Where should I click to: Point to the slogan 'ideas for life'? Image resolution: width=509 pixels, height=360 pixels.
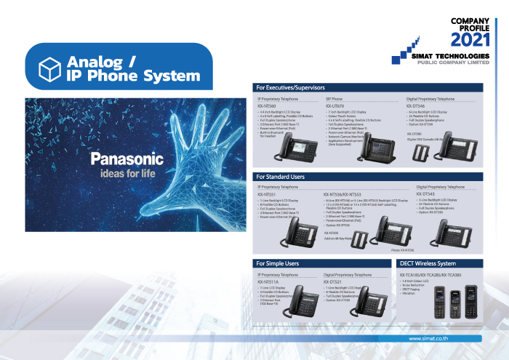[x=121, y=175]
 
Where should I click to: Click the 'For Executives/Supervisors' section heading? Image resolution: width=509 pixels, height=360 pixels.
[x=290, y=87]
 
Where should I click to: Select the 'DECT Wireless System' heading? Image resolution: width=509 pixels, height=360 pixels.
[x=428, y=263]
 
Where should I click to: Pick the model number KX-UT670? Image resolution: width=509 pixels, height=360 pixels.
[x=334, y=105]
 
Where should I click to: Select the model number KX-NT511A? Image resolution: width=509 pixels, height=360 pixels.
[x=267, y=281]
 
